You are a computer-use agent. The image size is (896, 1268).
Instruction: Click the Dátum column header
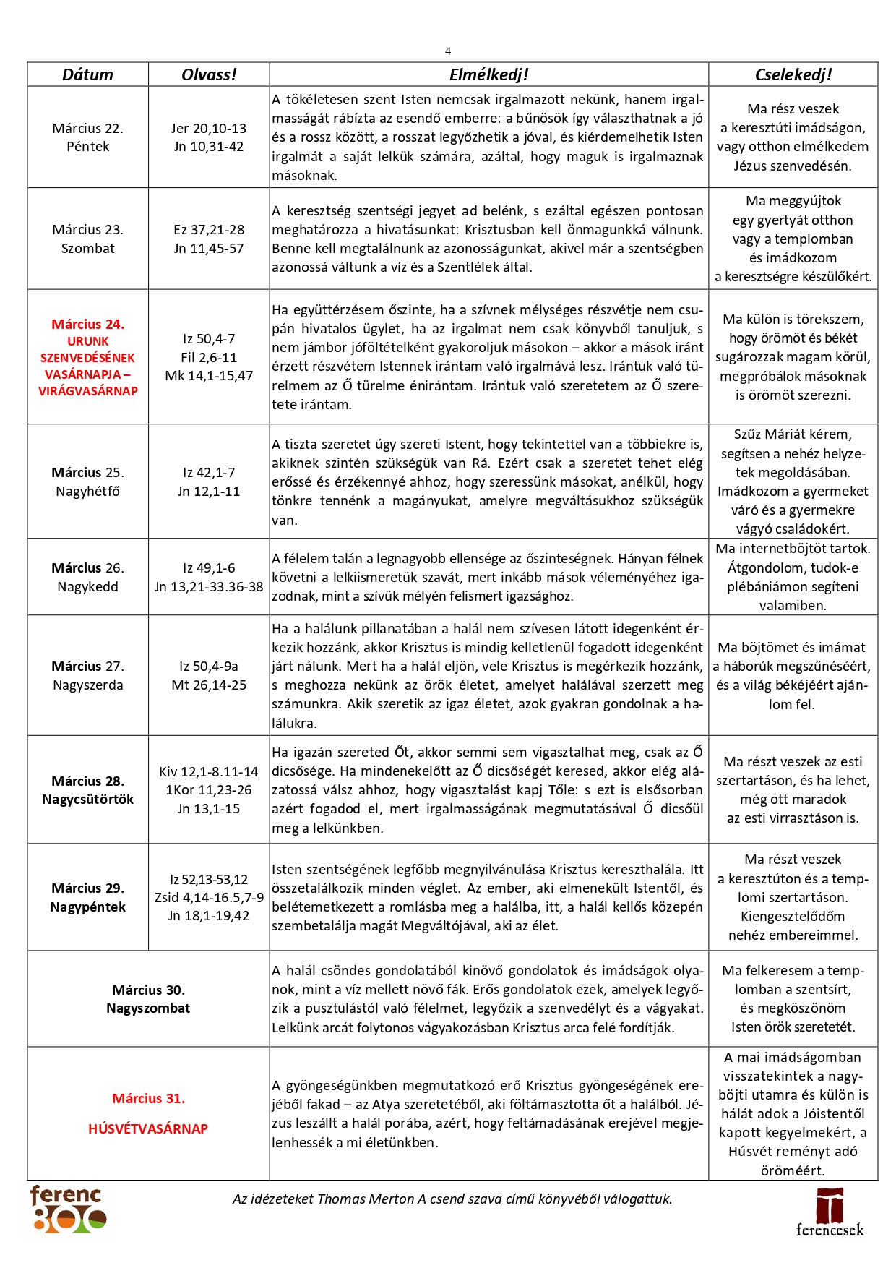click(87, 74)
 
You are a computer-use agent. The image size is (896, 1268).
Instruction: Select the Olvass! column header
click(209, 74)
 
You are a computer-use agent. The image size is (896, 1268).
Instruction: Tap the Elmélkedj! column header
click(488, 74)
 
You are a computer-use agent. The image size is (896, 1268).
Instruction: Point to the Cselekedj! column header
click(793, 74)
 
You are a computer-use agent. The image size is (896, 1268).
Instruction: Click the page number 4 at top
click(448, 51)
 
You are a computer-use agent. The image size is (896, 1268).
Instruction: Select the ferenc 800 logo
click(68, 1209)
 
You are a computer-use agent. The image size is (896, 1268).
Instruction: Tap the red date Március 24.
click(87, 325)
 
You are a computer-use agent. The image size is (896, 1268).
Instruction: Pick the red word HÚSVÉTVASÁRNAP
click(148, 1128)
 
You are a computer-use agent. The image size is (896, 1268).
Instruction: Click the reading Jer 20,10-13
click(209, 128)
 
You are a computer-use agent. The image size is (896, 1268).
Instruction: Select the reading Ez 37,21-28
click(209, 229)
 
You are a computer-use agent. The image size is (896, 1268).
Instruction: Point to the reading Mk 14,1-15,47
click(209, 376)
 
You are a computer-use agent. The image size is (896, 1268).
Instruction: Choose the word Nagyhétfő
click(87, 492)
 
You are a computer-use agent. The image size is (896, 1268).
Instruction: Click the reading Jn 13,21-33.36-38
click(209, 587)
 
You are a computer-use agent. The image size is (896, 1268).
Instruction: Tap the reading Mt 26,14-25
click(209, 685)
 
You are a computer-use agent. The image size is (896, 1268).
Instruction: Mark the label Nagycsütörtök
click(87, 800)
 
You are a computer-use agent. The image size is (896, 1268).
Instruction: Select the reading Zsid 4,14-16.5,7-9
click(209, 897)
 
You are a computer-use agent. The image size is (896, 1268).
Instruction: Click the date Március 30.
click(148, 990)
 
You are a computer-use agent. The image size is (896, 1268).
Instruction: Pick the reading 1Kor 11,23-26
click(209, 790)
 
